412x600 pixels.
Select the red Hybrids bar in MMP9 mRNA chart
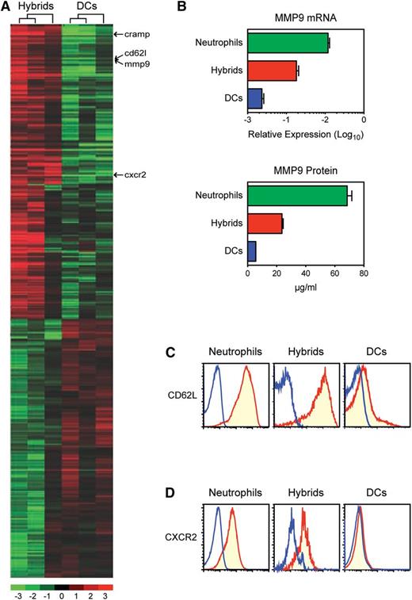pos(272,71)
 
